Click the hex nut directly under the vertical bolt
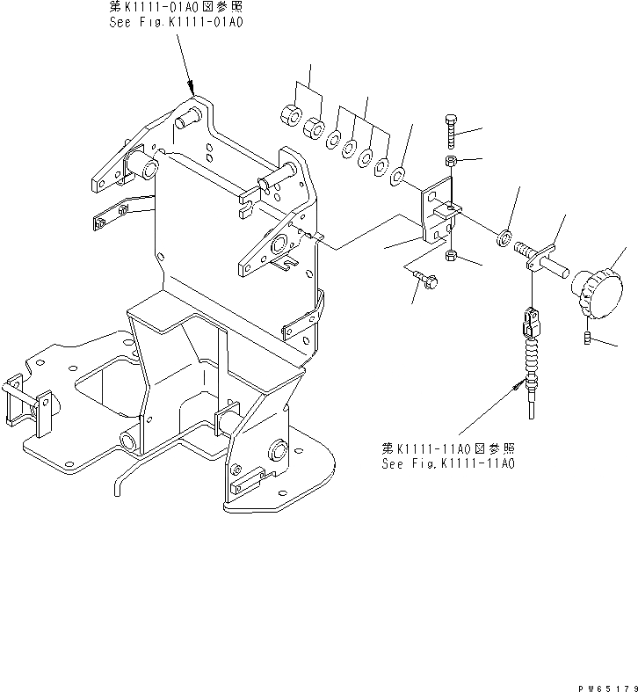451,162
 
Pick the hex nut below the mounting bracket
451,255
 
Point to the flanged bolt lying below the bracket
427,280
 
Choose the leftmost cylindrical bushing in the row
290,116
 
